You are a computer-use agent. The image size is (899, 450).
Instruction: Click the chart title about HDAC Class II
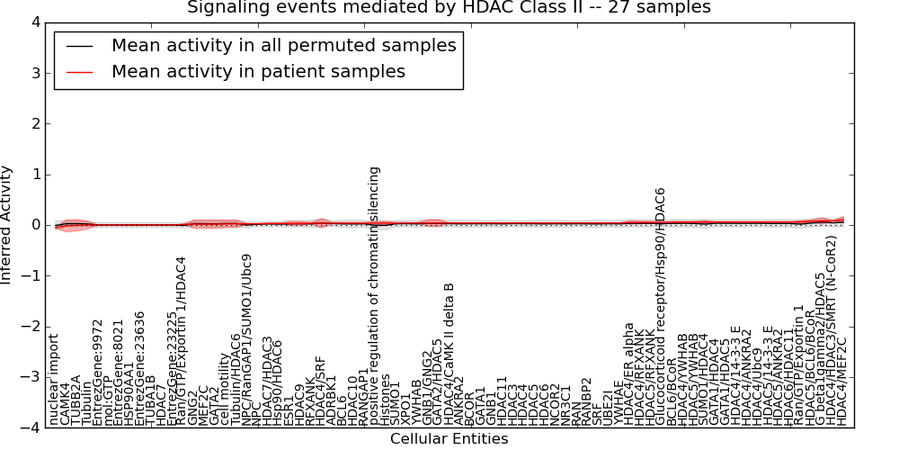click(x=449, y=8)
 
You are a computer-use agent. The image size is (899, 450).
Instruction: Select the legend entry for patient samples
click(x=258, y=71)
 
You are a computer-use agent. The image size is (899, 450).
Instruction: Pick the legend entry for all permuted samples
click(x=283, y=45)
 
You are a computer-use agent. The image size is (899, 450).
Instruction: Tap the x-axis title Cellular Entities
click(x=449, y=439)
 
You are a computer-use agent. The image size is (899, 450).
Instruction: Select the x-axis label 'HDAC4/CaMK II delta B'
click(x=449, y=353)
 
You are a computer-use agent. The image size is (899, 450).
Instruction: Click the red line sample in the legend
click(x=80, y=71)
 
